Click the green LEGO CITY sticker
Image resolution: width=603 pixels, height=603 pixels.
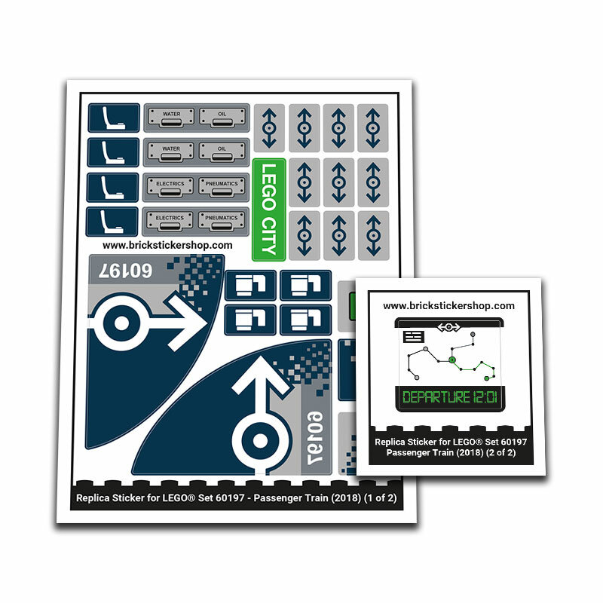(269, 210)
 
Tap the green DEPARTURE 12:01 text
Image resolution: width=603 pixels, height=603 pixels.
(449, 397)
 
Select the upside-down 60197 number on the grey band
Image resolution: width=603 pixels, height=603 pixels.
(125, 271)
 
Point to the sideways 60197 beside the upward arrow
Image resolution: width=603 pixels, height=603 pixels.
(315, 438)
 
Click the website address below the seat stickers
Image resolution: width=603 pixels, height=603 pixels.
(167, 246)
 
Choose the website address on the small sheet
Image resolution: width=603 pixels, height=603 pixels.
(448, 306)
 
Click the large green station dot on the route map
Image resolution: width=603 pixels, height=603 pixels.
(452, 360)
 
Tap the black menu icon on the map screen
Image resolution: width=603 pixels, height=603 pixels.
(413, 336)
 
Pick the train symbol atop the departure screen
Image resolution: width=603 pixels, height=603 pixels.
(448, 327)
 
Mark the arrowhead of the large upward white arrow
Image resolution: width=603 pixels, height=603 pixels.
(262, 376)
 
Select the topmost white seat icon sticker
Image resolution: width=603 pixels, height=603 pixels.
(114, 118)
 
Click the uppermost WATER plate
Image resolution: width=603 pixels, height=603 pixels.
(172, 117)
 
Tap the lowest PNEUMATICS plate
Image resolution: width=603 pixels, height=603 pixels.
(221, 221)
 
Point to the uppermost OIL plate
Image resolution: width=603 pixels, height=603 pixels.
(222, 117)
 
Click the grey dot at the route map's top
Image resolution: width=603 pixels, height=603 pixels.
(473, 335)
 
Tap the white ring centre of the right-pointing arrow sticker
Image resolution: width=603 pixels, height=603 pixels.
(121, 323)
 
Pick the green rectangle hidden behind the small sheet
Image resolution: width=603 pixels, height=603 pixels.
(352, 306)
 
